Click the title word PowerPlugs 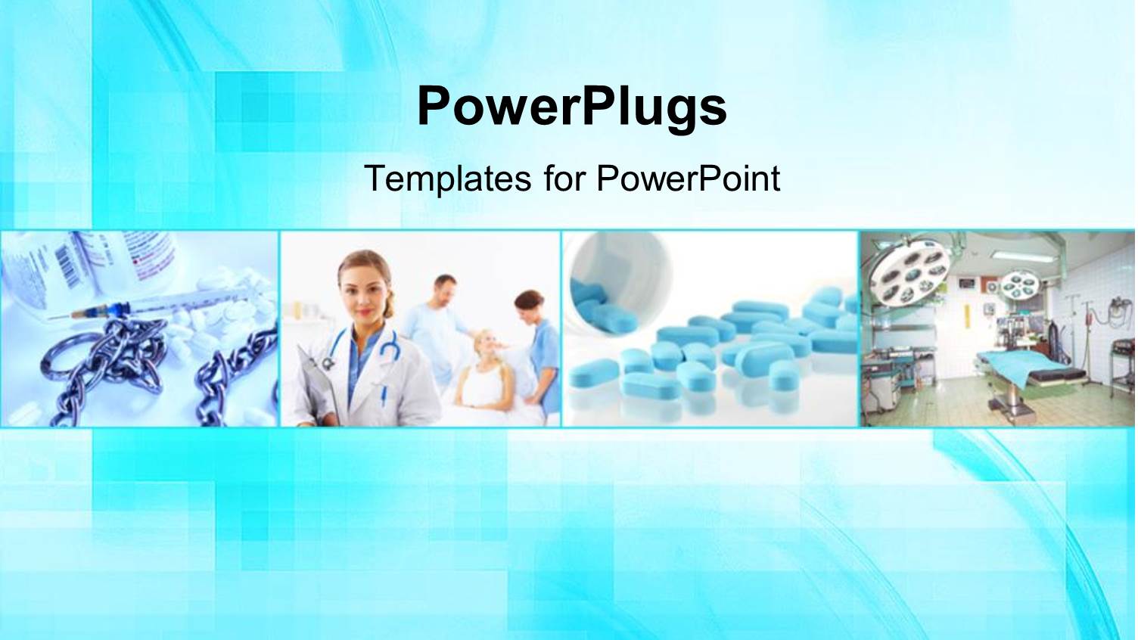(x=571, y=107)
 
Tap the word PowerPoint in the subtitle (x=688, y=179)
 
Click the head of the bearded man (x=445, y=289)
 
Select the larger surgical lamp (x=909, y=272)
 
